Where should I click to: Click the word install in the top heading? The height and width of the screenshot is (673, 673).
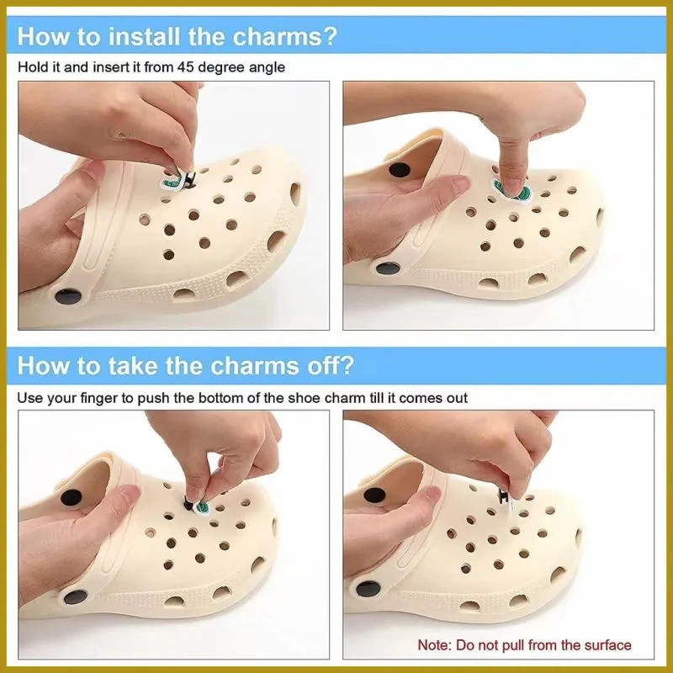(x=144, y=36)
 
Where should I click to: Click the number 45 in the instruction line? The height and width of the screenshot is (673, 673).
(x=185, y=67)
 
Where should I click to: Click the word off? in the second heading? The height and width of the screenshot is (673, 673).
(x=331, y=366)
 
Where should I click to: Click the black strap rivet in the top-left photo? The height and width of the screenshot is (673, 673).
(x=68, y=297)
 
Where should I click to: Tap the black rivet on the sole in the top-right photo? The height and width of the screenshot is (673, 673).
(x=388, y=269)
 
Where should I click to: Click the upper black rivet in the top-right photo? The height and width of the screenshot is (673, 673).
(x=399, y=169)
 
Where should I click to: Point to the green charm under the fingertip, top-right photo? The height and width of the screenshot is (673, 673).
(x=514, y=191)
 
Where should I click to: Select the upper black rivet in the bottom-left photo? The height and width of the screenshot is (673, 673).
(x=71, y=497)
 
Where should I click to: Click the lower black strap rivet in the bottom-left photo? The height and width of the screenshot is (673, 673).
(x=76, y=596)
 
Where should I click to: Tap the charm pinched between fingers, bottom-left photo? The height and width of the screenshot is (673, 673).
(x=199, y=506)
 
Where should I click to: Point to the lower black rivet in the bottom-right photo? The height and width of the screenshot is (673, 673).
(x=368, y=589)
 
